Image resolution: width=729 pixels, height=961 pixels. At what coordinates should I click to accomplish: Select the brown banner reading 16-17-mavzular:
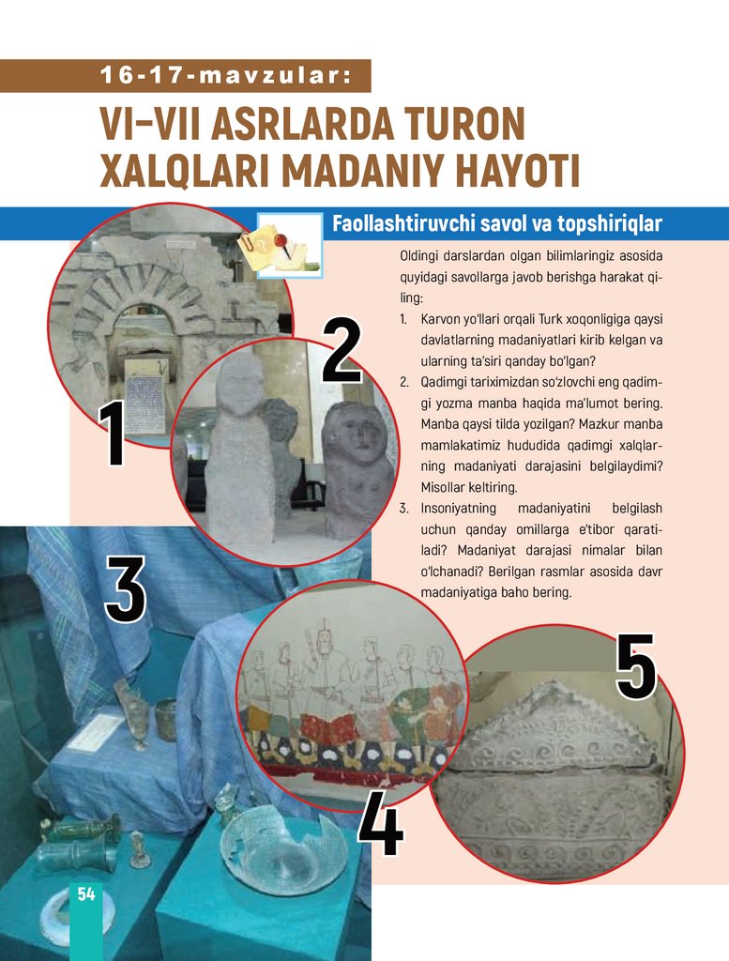(x=185, y=76)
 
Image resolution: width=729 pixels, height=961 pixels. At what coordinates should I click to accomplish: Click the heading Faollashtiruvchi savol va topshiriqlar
(x=497, y=223)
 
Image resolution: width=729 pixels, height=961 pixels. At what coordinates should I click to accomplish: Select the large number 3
(x=126, y=589)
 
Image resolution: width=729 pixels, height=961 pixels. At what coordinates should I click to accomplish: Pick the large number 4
(x=380, y=822)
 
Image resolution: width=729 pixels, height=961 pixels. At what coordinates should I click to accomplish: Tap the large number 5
(x=636, y=667)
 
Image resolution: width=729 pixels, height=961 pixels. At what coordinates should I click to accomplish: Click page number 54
(x=86, y=894)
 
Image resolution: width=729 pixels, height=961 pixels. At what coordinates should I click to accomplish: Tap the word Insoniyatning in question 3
(x=458, y=509)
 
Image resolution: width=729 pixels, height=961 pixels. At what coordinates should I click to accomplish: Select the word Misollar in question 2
(x=440, y=487)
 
